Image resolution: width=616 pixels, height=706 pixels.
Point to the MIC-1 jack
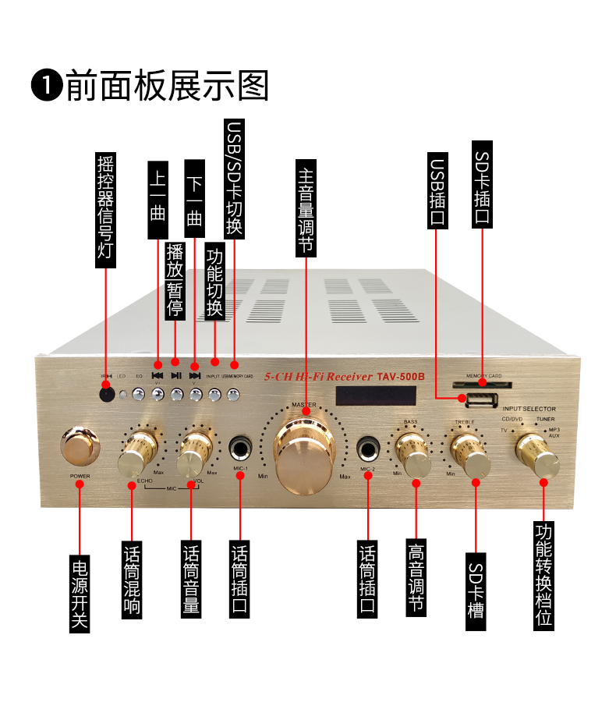coord(240,449)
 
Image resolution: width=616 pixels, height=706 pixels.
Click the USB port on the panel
coord(480,402)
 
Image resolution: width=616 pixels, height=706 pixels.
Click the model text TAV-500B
coord(400,374)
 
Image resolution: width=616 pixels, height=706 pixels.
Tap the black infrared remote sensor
coord(107,394)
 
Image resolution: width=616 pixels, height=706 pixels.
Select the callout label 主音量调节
coord(306,208)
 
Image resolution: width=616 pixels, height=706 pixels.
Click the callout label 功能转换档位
coord(544,573)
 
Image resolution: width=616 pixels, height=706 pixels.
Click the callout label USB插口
coord(437,190)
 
